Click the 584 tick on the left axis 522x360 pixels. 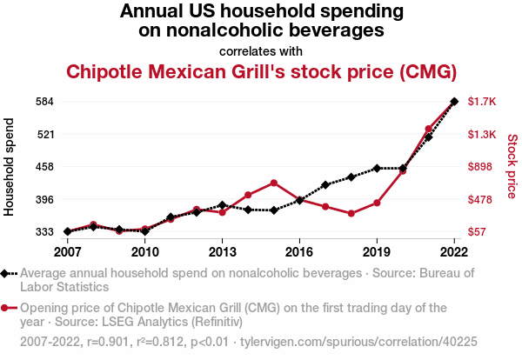pyautogui.click(x=45, y=102)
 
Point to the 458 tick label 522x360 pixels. pyautogui.click(x=45, y=167)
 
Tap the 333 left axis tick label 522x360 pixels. pyautogui.click(x=45, y=232)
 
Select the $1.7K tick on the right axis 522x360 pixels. pyautogui.click(x=481, y=102)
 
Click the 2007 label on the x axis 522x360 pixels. pyautogui.click(x=67, y=252)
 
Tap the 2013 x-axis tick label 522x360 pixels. pyautogui.click(x=222, y=252)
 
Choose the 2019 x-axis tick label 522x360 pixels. pyautogui.click(x=377, y=252)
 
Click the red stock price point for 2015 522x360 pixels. pyautogui.click(x=274, y=183)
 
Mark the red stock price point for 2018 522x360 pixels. pyautogui.click(x=351, y=213)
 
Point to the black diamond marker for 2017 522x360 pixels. pyautogui.click(x=325, y=184)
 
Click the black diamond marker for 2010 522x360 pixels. pyautogui.click(x=144, y=231)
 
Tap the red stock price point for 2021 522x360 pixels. pyautogui.click(x=428, y=129)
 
